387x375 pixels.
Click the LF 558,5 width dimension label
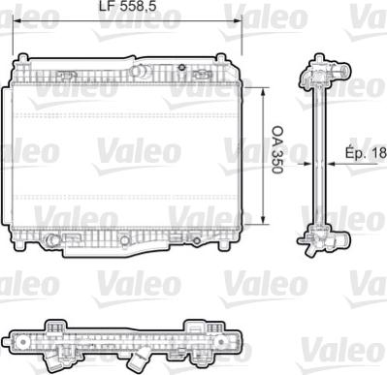[127, 6]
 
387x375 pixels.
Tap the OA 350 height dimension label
[277, 150]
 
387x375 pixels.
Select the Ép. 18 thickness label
[366, 151]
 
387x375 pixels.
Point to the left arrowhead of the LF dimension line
[16, 20]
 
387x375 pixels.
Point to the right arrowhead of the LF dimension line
[238, 20]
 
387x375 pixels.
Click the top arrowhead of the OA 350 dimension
[264, 91]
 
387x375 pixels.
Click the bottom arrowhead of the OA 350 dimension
[264, 220]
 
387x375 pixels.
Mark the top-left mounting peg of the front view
[22, 58]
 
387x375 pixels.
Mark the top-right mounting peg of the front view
[221, 58]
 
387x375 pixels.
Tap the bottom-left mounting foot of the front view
[18, 244]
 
